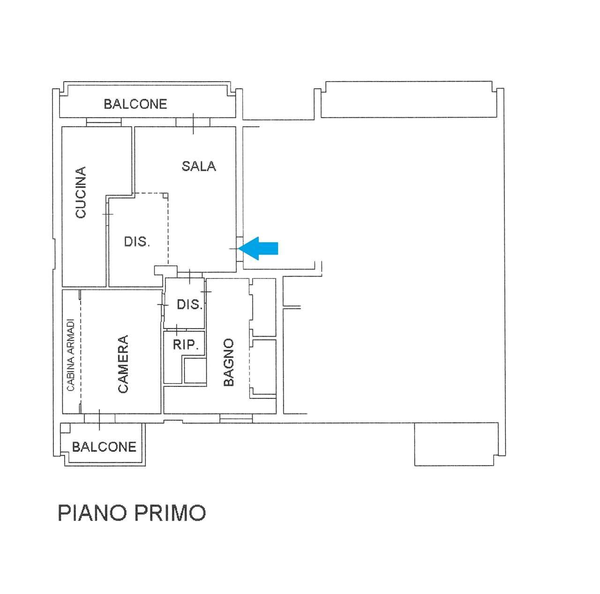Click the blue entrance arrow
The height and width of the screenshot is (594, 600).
(258, 248)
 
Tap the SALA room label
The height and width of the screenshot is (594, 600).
(199, 166)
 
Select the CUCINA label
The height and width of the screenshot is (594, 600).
(81, 192)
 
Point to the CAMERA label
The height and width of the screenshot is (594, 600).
(123, 364)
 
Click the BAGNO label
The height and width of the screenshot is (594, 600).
(229, 362)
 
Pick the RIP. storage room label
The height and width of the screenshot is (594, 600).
(186, 345)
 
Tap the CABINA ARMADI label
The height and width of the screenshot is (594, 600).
(71, 355)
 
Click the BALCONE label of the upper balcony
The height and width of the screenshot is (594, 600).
(135, 104)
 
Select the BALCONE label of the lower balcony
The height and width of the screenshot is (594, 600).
(104, 447)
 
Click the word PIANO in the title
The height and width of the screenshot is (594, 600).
(92, 513)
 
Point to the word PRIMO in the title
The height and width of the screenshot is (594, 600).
(170, 513)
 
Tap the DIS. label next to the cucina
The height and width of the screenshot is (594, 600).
(137, 241)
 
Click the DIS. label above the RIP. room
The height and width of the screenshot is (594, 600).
(190, 304)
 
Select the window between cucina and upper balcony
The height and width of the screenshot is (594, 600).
(104, 122)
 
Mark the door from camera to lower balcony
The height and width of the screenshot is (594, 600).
(99, 418)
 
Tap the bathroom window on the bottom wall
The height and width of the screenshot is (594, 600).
(236, 418)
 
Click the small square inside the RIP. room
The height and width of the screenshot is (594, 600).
(195, 370)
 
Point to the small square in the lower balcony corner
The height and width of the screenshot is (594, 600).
(65, 429)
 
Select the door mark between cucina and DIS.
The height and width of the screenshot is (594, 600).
(108, 214)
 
